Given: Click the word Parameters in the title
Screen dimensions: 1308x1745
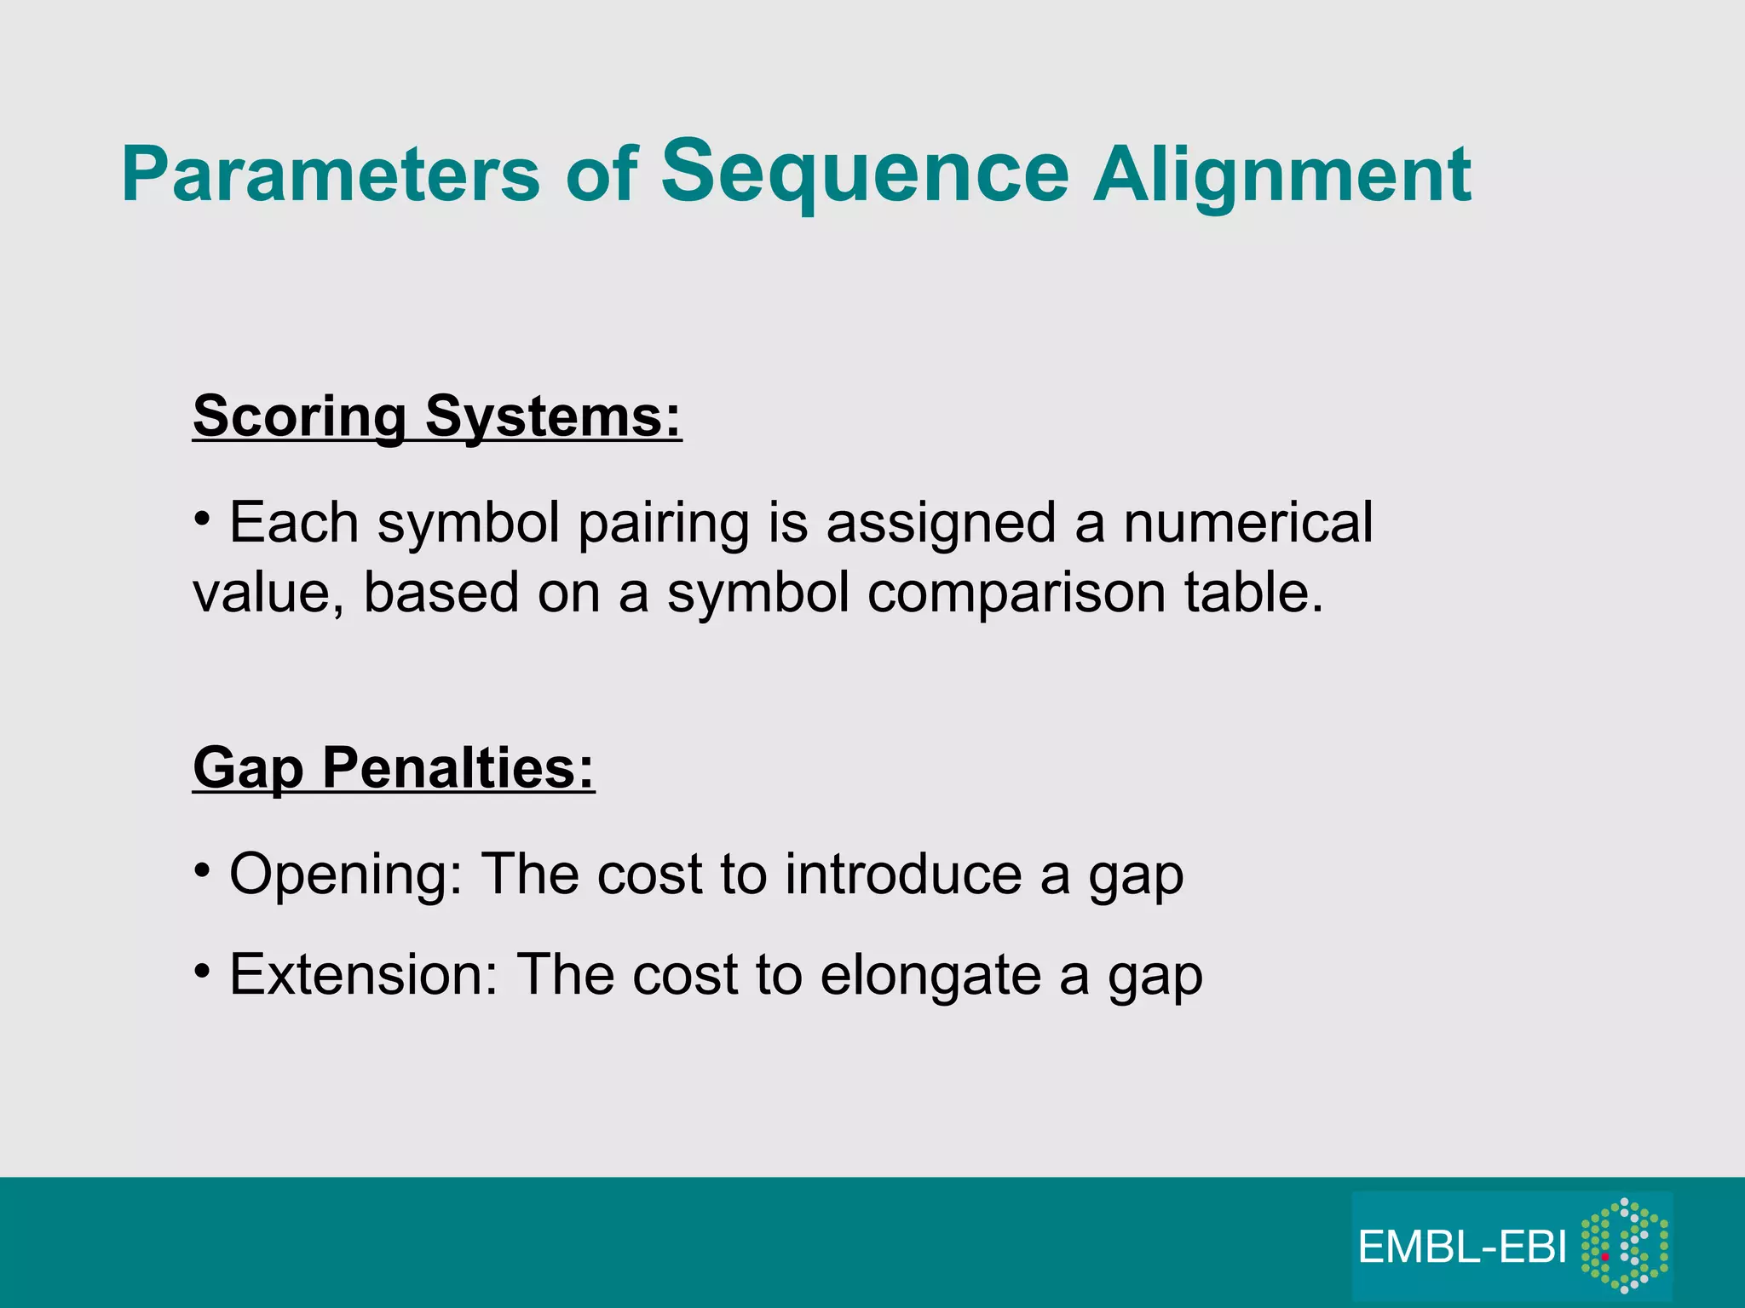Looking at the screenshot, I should tap(331, 175).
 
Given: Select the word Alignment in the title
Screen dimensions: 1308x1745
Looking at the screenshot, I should tap(1281, 175).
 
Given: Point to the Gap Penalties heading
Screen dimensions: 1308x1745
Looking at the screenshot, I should tap(394, 767).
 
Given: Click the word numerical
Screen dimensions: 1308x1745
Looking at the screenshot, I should tap(1247, 522).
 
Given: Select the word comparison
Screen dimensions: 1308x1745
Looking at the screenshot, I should tap(1016, 593).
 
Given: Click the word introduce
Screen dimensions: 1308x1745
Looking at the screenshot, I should tap(902, 874).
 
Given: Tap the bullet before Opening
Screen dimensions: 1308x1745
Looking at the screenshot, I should tap(202, 870).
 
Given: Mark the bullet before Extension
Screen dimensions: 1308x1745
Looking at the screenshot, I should tap(202, 971).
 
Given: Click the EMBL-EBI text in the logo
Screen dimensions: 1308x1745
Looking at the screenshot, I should tap(1462, 1248).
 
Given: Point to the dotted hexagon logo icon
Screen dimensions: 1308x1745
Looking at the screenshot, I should tap(1624, 1246).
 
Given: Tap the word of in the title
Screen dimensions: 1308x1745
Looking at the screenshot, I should tap(602, 175).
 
